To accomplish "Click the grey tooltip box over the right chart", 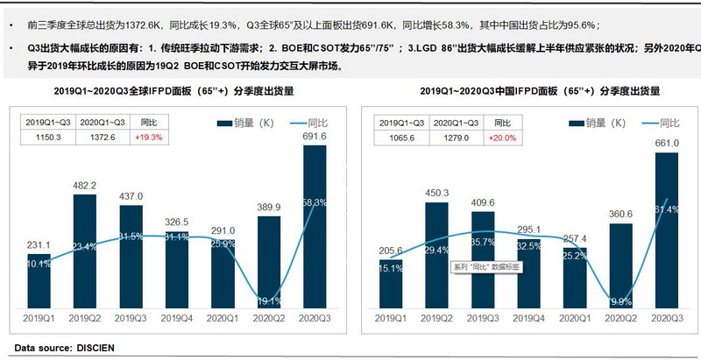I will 484,266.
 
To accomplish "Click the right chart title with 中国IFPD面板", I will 528,90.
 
